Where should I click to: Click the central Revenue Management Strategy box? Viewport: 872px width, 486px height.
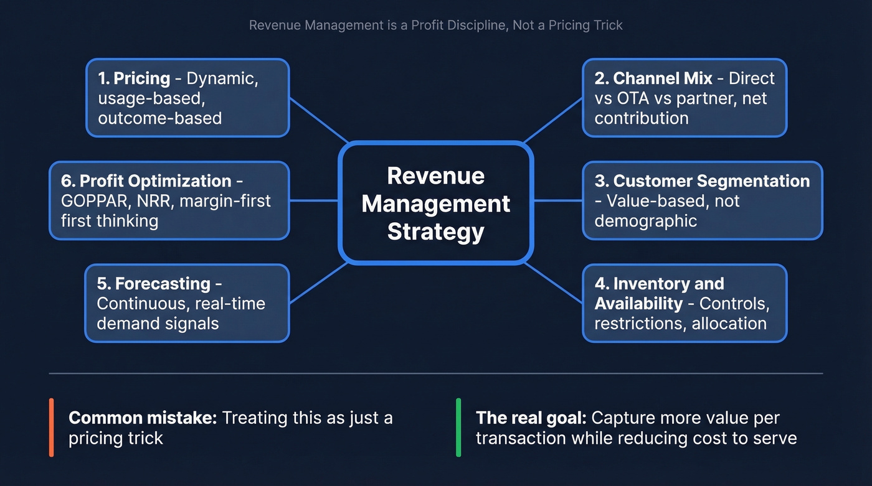(x=435, y=203)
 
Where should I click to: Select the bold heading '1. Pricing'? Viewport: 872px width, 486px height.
(x=134, y=78)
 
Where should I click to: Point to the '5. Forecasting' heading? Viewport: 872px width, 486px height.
(x=154, y=284)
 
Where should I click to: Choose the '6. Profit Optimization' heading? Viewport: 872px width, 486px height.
(x=146, y=181)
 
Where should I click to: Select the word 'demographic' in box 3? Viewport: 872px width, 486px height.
(x=645, y=221)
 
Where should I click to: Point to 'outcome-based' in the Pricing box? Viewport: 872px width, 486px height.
(x=159, y=118)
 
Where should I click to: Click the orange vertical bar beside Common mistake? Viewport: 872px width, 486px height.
(x=52, y=428)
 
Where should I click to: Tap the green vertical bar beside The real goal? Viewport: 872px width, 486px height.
(x=459, y=428)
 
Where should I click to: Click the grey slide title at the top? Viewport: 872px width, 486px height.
(x=435, y=26)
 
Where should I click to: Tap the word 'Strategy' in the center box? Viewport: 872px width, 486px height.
(x=435, y=231)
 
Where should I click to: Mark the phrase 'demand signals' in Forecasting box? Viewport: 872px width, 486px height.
(x=158, y=324)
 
